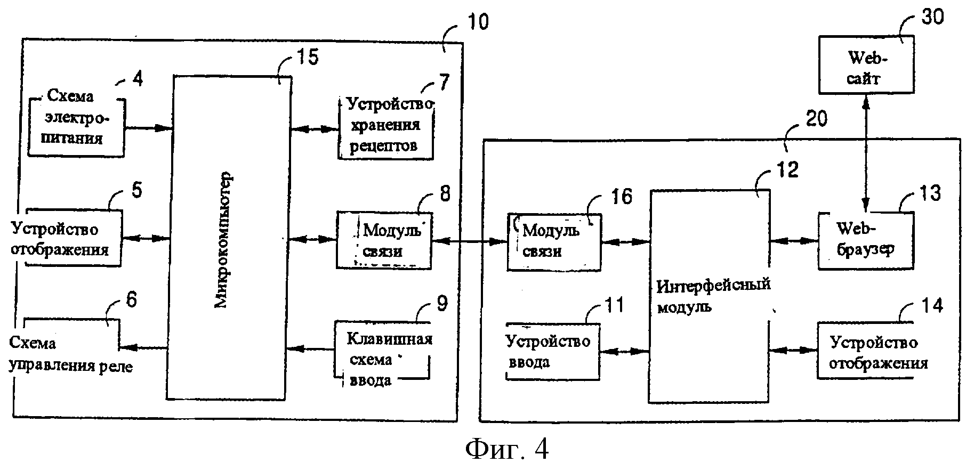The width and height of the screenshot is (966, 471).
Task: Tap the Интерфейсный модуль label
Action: [714, 295]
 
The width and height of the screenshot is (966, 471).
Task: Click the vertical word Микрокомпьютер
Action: [223, 240]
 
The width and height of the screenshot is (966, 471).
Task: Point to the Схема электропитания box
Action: [77, 127]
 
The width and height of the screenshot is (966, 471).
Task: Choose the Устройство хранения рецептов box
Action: [386, 127]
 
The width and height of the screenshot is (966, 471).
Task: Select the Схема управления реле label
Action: [71, 355]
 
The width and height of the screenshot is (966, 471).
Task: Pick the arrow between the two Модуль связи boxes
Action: [469, 241]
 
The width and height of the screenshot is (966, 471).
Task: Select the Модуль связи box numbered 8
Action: [384, 240]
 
